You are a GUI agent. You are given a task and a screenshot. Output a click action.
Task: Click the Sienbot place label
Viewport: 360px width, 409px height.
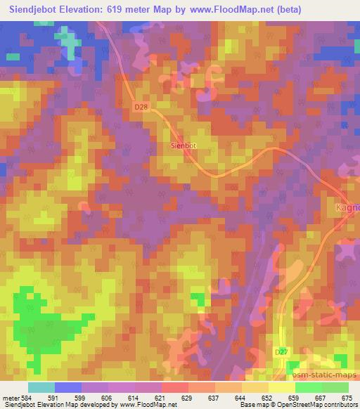(184, 147)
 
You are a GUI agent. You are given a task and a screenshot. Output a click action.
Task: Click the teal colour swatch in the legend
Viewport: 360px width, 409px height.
(41, 387)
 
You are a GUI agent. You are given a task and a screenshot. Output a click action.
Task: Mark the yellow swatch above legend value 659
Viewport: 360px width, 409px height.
(282, 387)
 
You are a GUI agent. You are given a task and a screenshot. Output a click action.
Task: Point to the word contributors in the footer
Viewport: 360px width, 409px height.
(338, 405)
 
